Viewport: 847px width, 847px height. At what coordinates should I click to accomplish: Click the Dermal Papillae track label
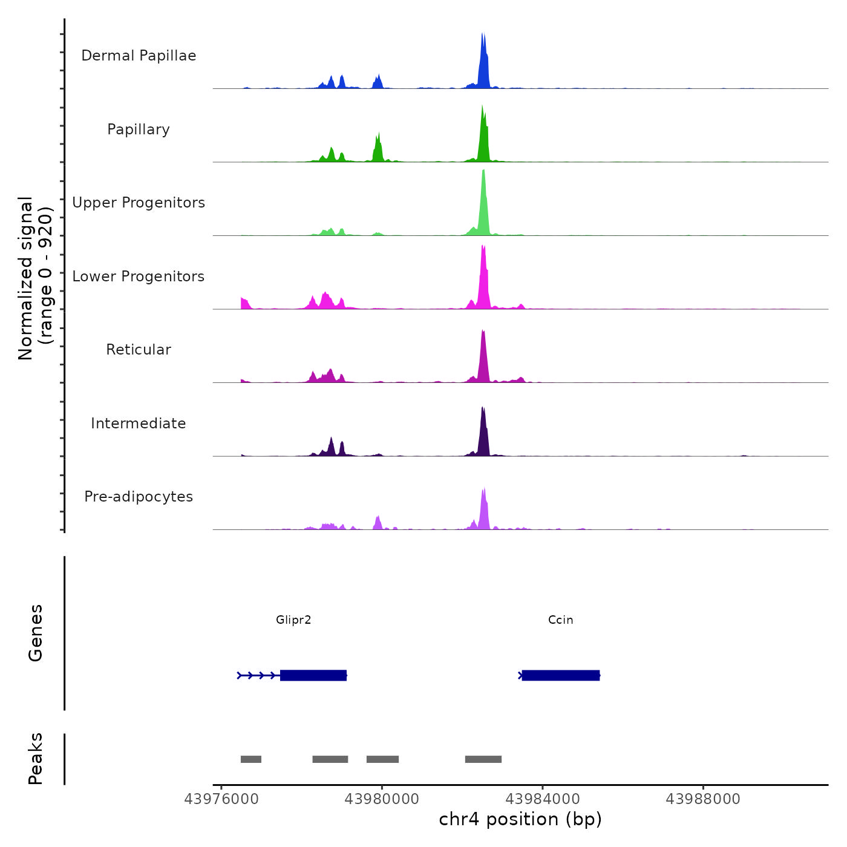click(139, 56)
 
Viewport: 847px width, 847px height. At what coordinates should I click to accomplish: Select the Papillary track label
click(139, 129)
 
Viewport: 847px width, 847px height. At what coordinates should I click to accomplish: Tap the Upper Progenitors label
click(139, 203)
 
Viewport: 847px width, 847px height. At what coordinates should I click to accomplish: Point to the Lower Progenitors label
click(139, 276)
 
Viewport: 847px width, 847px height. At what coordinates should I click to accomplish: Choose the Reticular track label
click(139, 350)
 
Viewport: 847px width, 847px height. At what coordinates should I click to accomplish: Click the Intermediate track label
click(139, 423)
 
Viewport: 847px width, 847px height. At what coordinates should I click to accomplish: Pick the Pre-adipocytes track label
click(139, 497)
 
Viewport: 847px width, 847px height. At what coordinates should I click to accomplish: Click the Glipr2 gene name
click(293, 620)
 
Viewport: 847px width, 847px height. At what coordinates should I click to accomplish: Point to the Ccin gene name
click(560, 620)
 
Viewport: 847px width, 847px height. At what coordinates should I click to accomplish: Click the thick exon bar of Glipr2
click(313, 675)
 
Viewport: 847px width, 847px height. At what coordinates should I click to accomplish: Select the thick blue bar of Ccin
click(561, 675)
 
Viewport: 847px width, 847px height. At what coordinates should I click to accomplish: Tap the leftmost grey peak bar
click(251, 759)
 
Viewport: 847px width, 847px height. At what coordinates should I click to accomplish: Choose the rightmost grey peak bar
click(483, 759)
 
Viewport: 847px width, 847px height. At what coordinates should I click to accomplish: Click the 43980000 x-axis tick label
click(382, 799)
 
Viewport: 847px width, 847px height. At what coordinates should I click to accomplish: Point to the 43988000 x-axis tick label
click(703, 799)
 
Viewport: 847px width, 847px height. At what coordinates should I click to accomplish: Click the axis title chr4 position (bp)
click(520, 819)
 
